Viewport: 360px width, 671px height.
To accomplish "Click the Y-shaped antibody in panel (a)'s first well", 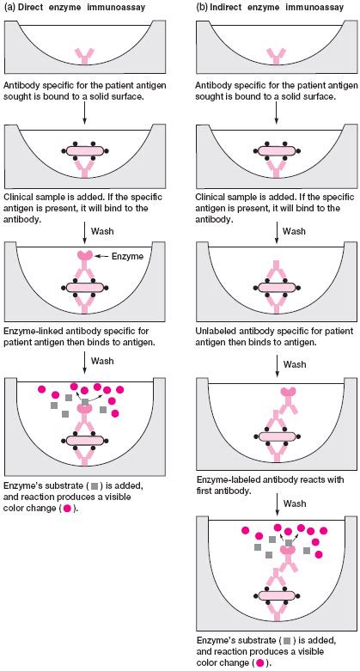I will pos(84,56).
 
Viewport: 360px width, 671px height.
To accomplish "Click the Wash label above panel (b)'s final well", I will pos(294,502).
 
